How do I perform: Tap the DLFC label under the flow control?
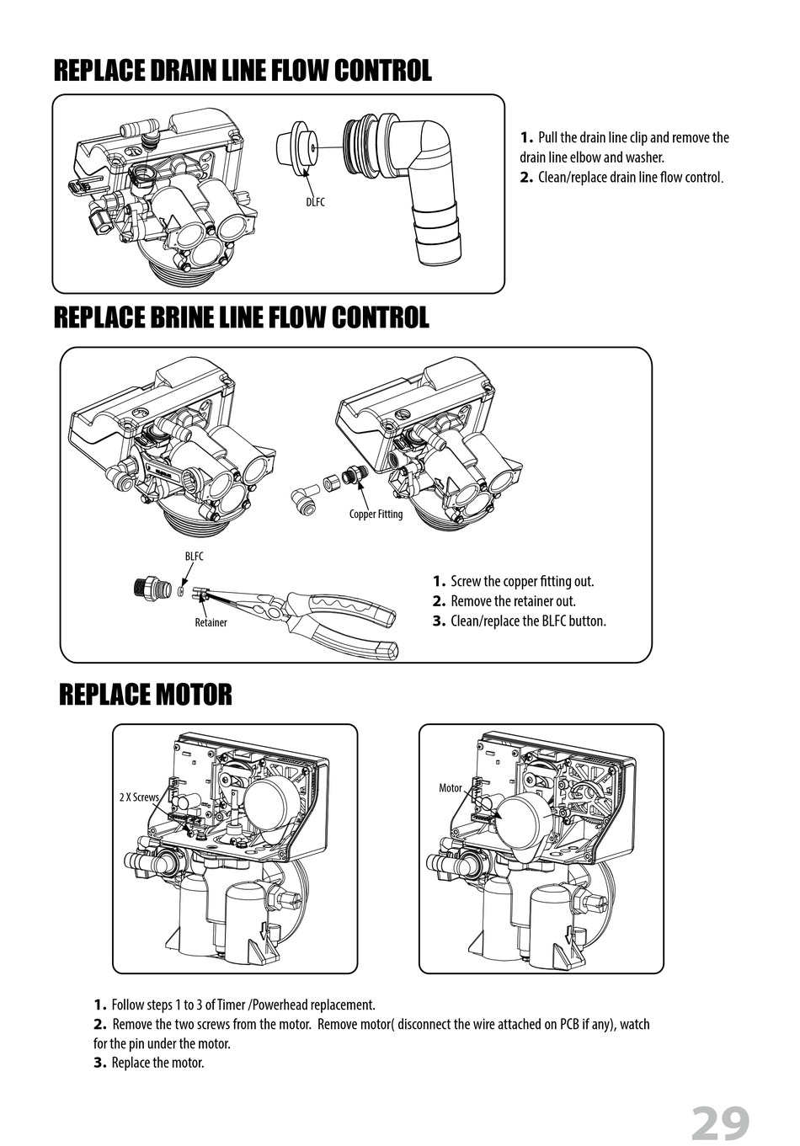tap(315, 202)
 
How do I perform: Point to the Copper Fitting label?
tap(376, 514)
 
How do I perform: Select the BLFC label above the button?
tap(195, 556)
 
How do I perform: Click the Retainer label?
tap(211, 622)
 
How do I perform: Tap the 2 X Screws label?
tap(139, 797)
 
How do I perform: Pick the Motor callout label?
tap(451, 788)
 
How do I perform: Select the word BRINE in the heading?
tap(180, 317)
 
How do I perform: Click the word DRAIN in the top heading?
tap(183, 71)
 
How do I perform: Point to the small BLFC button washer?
tap(180, 592)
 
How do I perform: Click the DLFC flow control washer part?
tap(297, 144)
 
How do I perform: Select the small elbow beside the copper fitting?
tap(304, 495)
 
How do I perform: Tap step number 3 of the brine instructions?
tap(440, 621)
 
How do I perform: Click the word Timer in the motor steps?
tap(232, 1005)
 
